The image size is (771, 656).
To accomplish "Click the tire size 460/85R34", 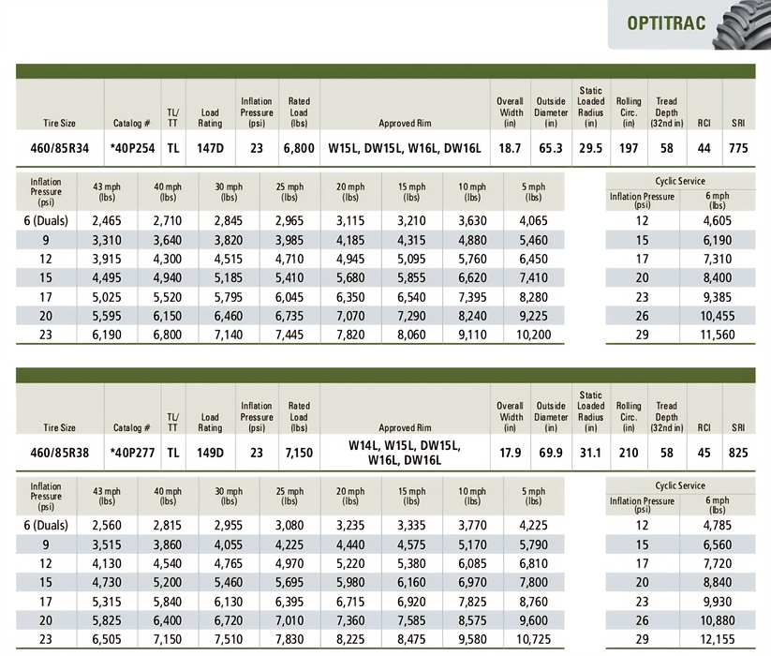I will (60, 147).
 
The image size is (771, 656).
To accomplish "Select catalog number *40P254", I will (131, 147).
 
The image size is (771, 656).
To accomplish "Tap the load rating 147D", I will (210, 147).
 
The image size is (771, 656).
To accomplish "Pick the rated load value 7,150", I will (299, 453).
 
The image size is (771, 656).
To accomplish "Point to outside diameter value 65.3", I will (551, 147).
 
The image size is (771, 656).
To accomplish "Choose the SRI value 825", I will (739, 453).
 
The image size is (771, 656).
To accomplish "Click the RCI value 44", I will (704, 147).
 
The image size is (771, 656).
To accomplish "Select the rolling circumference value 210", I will (629, 453).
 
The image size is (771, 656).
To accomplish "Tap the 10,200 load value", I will (534, 335).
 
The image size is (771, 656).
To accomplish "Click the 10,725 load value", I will (534, 639).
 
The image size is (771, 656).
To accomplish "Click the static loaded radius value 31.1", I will (591, 453).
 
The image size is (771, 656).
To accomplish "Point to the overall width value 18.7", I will (511, 147).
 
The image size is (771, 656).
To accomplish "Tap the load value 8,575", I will (472, 621).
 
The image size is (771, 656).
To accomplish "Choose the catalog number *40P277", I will (131, 453).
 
